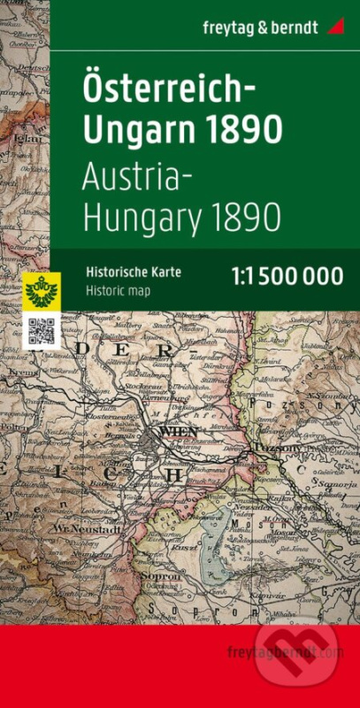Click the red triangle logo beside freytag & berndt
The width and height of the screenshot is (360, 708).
(x=335, y=27)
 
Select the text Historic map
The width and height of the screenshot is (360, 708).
(x=117, y=289)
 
